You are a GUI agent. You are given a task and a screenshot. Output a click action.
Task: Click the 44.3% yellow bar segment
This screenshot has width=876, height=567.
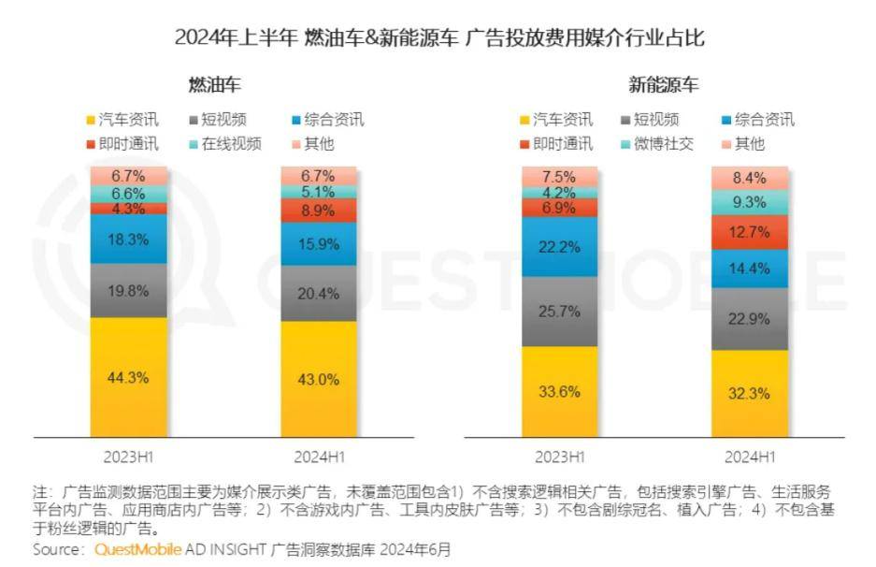(128, 377)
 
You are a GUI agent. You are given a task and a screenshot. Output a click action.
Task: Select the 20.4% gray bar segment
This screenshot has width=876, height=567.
(319, 293)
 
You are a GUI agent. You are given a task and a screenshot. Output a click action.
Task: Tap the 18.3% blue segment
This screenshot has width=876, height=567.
(128, 240)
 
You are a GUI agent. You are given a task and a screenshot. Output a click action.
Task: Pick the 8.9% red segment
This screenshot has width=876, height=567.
(319, 211)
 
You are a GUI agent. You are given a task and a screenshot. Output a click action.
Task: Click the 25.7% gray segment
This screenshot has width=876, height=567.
(560, 312)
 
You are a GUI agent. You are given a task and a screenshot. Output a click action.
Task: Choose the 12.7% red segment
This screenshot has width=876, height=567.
(750, 232)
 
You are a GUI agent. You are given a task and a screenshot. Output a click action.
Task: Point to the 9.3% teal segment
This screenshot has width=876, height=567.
(750, 202)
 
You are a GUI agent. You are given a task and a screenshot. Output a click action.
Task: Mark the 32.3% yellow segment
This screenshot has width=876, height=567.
(750, 394)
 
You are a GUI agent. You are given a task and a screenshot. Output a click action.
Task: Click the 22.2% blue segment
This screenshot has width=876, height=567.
(560, 247)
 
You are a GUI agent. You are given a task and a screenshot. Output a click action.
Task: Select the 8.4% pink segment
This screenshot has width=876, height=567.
(750, 179)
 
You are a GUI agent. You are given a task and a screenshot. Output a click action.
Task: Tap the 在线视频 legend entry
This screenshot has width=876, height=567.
(225, 144)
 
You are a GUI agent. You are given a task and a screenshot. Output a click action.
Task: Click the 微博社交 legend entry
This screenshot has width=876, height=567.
(657, 144)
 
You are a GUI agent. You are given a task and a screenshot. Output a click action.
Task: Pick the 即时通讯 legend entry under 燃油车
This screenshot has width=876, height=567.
(122, 144)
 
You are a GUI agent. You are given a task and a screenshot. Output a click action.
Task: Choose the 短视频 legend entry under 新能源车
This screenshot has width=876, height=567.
(651, 120)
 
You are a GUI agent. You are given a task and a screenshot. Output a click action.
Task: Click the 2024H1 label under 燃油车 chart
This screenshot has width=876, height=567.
(320, 458)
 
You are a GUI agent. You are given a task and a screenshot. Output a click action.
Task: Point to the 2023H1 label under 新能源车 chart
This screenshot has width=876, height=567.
(560, 458)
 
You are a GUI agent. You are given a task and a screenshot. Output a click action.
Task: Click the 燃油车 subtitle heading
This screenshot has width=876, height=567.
(214, 85)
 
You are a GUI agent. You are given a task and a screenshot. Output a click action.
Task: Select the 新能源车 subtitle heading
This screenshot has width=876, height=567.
(663, 85)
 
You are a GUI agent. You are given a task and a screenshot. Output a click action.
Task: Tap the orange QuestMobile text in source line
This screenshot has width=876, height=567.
(138, 549)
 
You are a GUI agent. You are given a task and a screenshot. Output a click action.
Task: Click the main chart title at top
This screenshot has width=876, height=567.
(439, 38)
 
